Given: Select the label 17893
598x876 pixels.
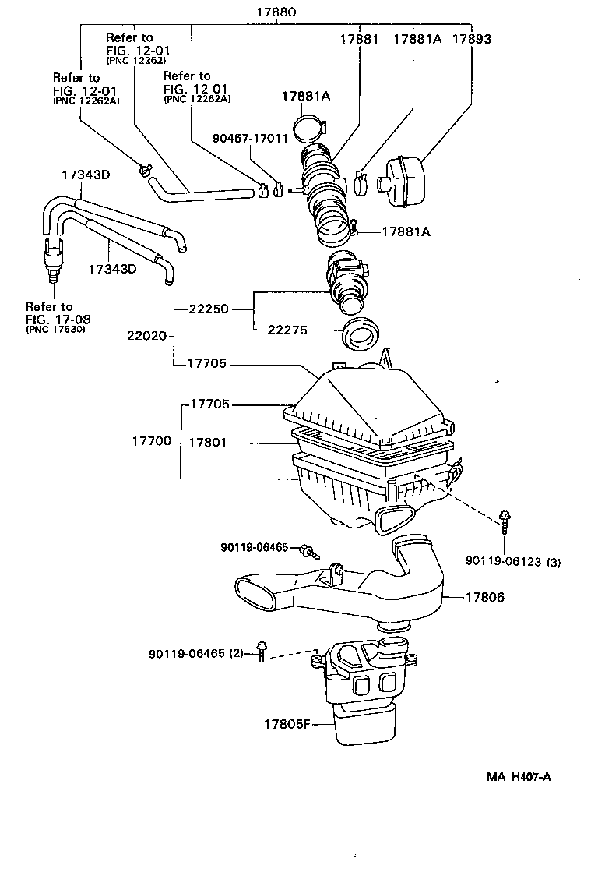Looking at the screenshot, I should (472, 38).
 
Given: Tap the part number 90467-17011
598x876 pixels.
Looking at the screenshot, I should (251, 139).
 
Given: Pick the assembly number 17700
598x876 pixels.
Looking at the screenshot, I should (153, 441).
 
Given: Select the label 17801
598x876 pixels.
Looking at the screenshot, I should (208, 442).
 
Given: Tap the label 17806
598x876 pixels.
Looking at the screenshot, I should (485, 598).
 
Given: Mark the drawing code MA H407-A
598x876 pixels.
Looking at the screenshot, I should (519, 776).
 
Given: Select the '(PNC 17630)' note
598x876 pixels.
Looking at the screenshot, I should (55, 330).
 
